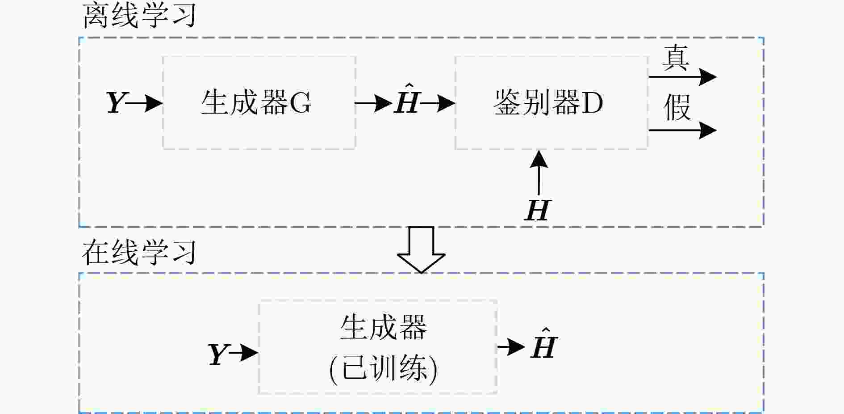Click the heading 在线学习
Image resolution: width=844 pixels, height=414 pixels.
coord(139,252)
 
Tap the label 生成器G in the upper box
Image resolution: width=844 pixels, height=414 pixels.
coord(256,103)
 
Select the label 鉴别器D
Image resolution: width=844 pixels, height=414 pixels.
coord(548,103)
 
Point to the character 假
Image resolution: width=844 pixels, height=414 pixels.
coord(677,108)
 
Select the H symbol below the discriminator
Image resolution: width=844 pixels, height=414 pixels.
coord(538,210)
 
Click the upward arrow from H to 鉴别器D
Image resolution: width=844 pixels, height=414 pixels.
coord(539,173)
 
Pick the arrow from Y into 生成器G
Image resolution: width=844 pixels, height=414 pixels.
coord(144,103)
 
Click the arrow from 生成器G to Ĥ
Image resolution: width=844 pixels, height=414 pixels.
coord(373,103)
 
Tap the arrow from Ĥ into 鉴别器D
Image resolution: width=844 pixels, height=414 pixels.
coord(437,103)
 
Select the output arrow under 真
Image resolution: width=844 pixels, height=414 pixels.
coord(682,77)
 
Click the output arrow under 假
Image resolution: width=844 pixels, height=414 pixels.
coord(682,130)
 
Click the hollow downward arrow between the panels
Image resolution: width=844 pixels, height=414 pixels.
coord(421,249)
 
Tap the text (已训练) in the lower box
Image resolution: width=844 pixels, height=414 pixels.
coord(383,369)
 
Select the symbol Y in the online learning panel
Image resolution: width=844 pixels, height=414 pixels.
coord(218,354)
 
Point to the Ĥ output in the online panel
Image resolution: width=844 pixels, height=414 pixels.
coord(544,343)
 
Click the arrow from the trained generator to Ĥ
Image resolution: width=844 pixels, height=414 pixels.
coord(511,346)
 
